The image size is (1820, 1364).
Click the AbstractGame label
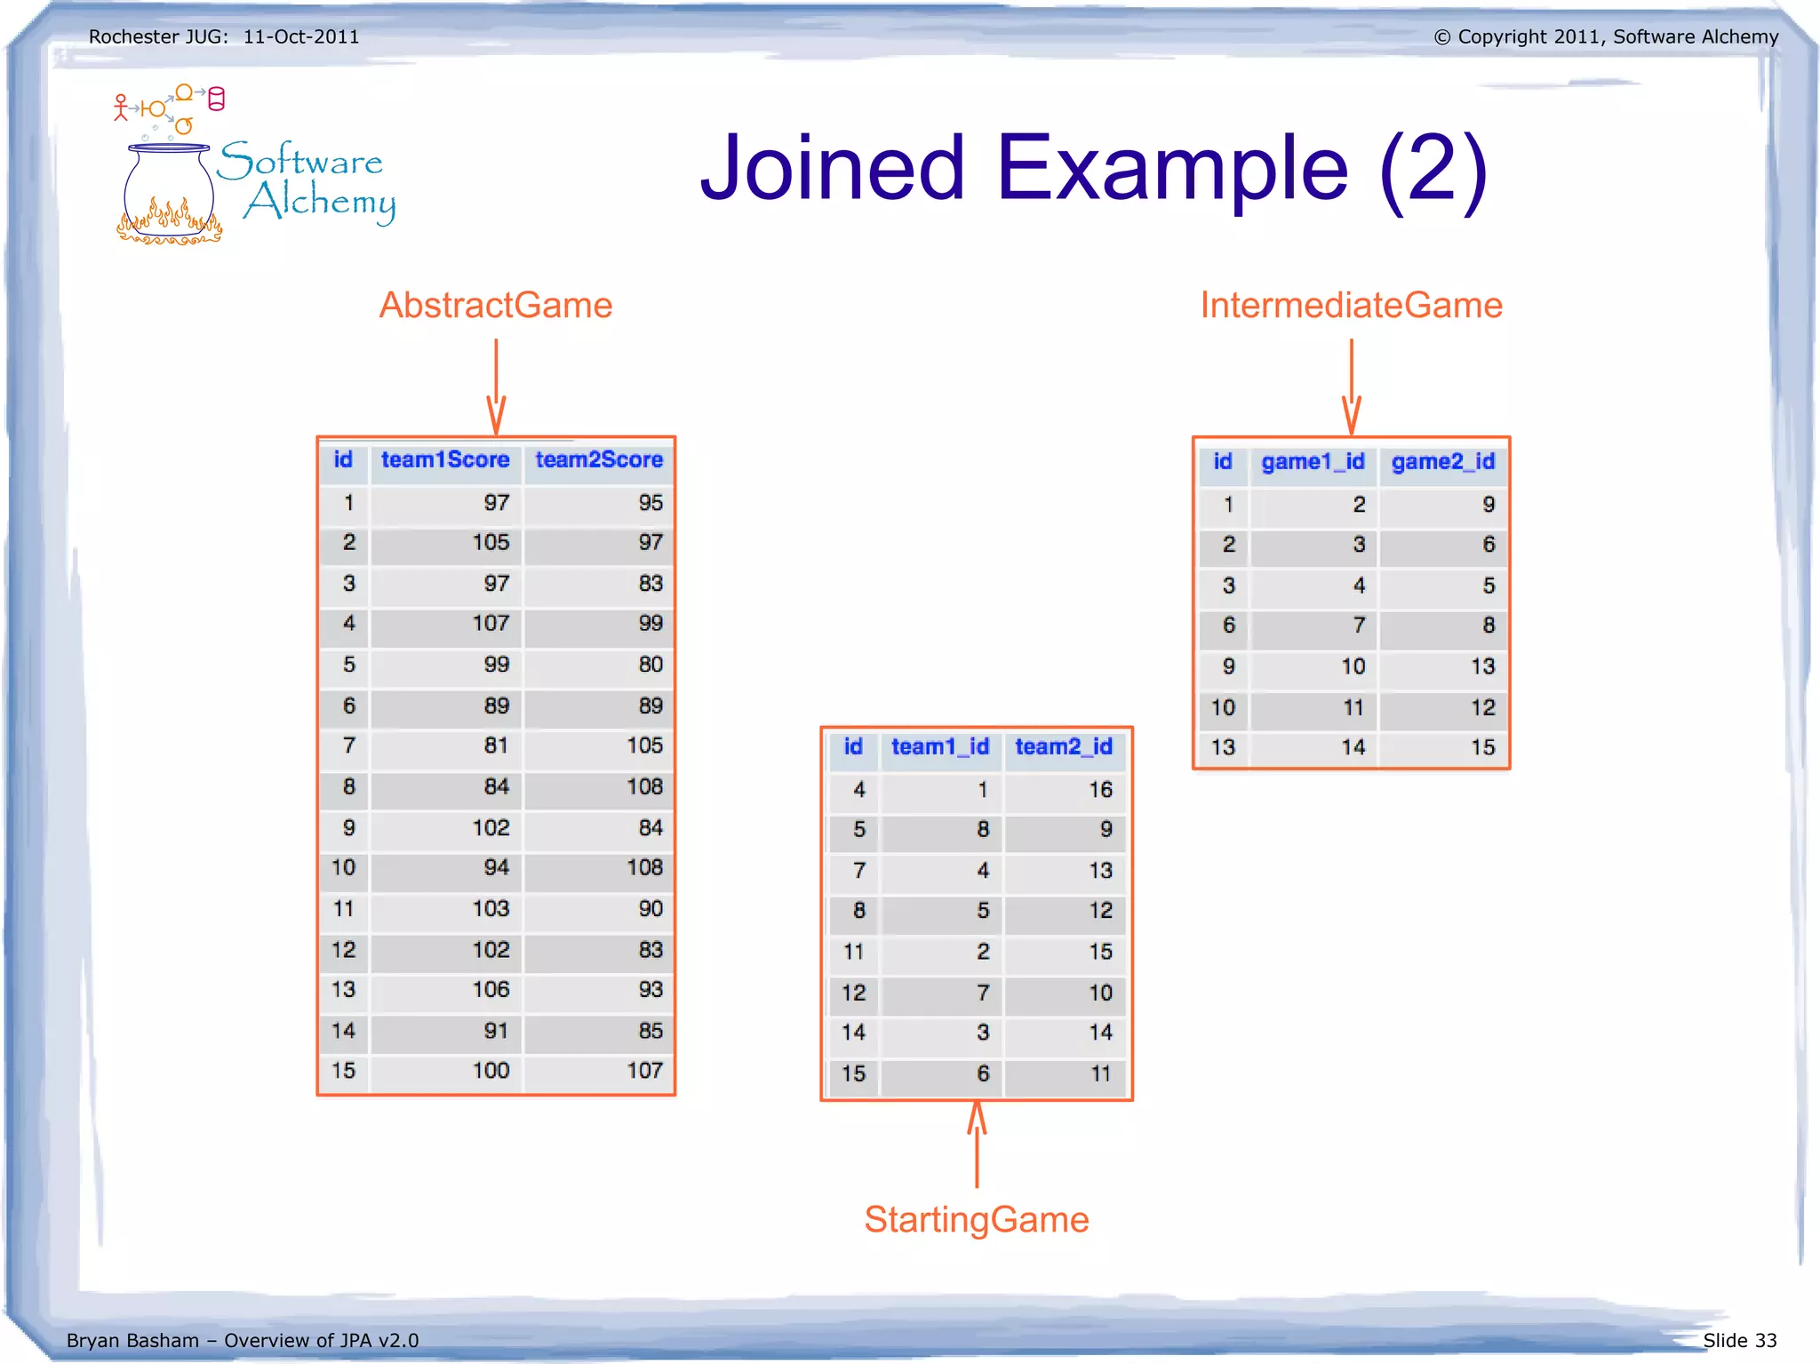496,306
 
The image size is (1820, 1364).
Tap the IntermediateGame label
1351,306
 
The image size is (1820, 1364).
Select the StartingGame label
976,1219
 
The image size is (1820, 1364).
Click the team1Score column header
445,460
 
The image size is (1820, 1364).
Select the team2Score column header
599,460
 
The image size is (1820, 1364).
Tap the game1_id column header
1313,462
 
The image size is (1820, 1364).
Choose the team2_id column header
1064,747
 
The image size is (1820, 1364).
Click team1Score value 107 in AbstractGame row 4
491,624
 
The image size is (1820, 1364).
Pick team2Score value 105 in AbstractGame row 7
644,746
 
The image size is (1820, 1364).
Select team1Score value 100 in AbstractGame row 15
491,1071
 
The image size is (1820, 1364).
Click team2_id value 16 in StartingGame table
1100,790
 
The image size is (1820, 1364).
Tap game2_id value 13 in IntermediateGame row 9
1482,666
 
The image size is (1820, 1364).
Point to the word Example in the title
1172,168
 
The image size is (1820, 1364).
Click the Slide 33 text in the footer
1739,1340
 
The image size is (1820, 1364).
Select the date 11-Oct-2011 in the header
301,37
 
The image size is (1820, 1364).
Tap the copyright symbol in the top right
1441,37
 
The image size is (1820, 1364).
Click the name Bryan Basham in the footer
132,1340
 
